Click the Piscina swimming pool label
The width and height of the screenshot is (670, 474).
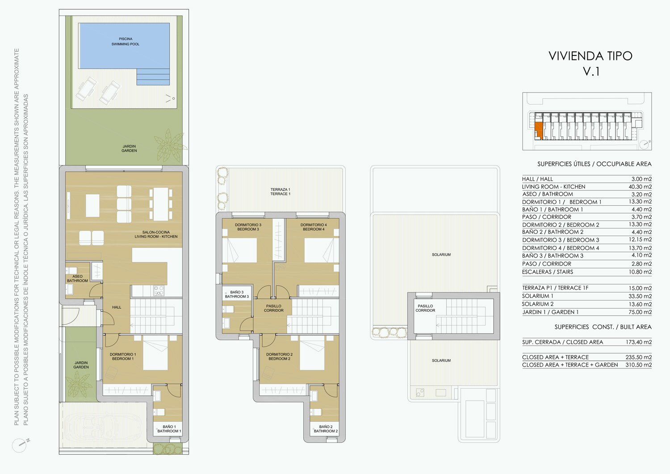click(126, 41)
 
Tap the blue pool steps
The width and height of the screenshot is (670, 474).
click(153, 76)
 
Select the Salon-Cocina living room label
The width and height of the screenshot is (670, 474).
click(156, 234)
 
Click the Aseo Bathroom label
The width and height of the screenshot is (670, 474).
click(77, 279)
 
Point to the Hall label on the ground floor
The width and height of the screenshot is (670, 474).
click(117, 307)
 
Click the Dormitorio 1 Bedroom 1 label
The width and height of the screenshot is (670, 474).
click(123, 356)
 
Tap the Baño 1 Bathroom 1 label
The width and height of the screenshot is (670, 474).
click(169, 429)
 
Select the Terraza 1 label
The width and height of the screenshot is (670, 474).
click(280, 192)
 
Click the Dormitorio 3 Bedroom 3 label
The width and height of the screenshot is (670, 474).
click(248, 227)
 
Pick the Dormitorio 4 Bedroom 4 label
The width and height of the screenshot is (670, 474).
click(314, 227)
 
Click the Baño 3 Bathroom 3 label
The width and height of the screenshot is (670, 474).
click(237, 294)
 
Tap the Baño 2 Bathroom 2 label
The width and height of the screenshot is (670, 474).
click(326, 429)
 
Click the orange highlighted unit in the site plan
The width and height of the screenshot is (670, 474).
click(538, 131)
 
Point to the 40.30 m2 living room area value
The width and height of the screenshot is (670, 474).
click(640, 186)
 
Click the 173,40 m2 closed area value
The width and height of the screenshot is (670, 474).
click(639, 342)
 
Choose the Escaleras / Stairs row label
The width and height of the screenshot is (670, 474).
click(547, 272)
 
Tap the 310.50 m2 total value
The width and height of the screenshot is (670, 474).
click(639, 365)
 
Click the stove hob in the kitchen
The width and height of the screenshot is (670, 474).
click(159, 291)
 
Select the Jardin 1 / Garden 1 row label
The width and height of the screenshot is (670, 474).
click(550, 312)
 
